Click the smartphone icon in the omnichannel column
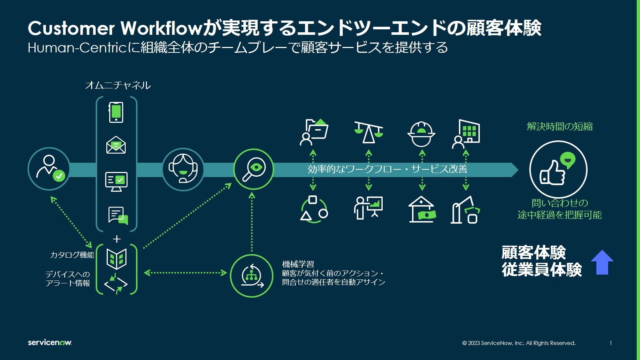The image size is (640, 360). coord(116,112)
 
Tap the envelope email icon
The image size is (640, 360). coord(116,145)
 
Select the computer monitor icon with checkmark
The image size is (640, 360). coord(116,181)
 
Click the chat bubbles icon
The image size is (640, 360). coord(118,215)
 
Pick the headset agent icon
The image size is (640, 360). coord(183,169)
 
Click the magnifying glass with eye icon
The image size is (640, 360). coord(253,169)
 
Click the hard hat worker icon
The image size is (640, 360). coord(421,134)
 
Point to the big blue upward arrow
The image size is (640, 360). coord(602,262)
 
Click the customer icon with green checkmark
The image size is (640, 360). coord(49,169)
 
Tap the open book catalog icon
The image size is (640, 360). coord(116,258)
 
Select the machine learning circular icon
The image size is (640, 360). coord(252,276)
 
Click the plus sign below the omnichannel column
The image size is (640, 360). coord(117,239)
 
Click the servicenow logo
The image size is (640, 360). coord(50,342)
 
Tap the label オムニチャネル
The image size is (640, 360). coord(118,85)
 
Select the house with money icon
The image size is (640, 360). coord(422,209)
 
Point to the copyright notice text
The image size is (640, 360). coord(519,343)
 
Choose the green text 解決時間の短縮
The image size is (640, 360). coord(559,126)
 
